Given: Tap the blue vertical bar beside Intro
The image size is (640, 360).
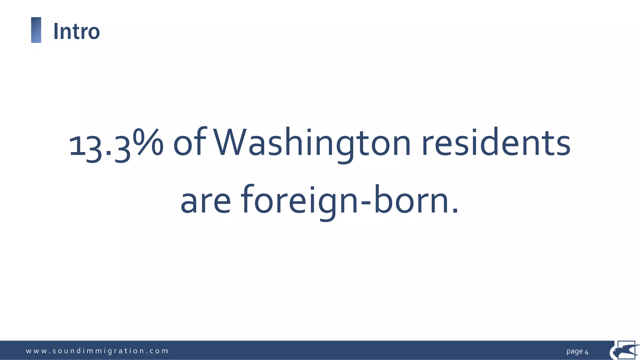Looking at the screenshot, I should coord(36,30).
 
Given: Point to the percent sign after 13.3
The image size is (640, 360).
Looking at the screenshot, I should coord(148,142).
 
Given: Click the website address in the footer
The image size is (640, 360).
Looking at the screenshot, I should coord(97,351).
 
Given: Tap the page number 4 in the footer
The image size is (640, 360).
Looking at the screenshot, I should coord(587,352).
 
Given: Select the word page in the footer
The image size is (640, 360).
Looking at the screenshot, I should coord(574,352).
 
